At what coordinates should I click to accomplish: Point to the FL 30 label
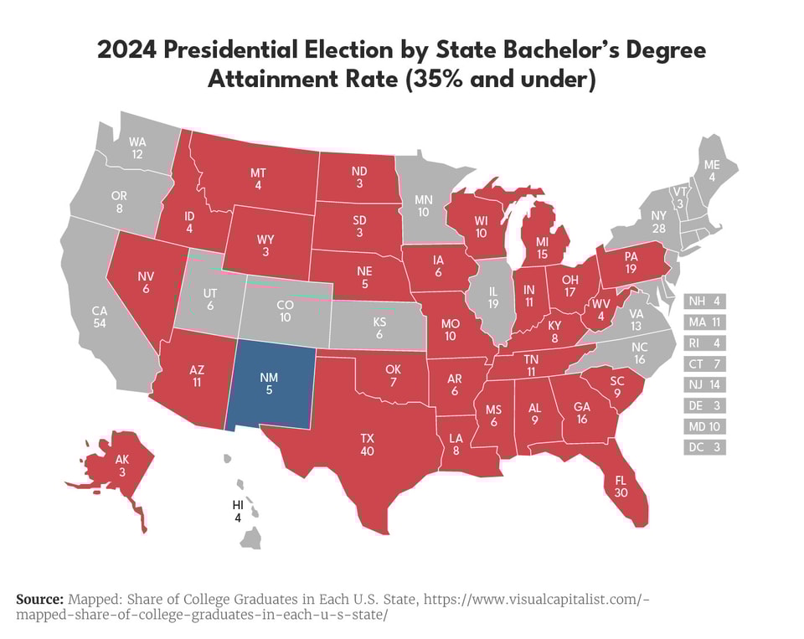[x=621, y=487]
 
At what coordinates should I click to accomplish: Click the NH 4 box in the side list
[x=705, y=301]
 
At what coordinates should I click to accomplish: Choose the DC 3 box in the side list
[x=705, y=447]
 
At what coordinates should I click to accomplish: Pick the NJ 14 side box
[x=705, y=384]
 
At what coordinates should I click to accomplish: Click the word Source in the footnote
[x=40, y=600]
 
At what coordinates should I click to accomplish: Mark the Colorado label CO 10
[x=286, y=312]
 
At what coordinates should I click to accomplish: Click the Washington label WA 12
[x=137, y=148]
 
